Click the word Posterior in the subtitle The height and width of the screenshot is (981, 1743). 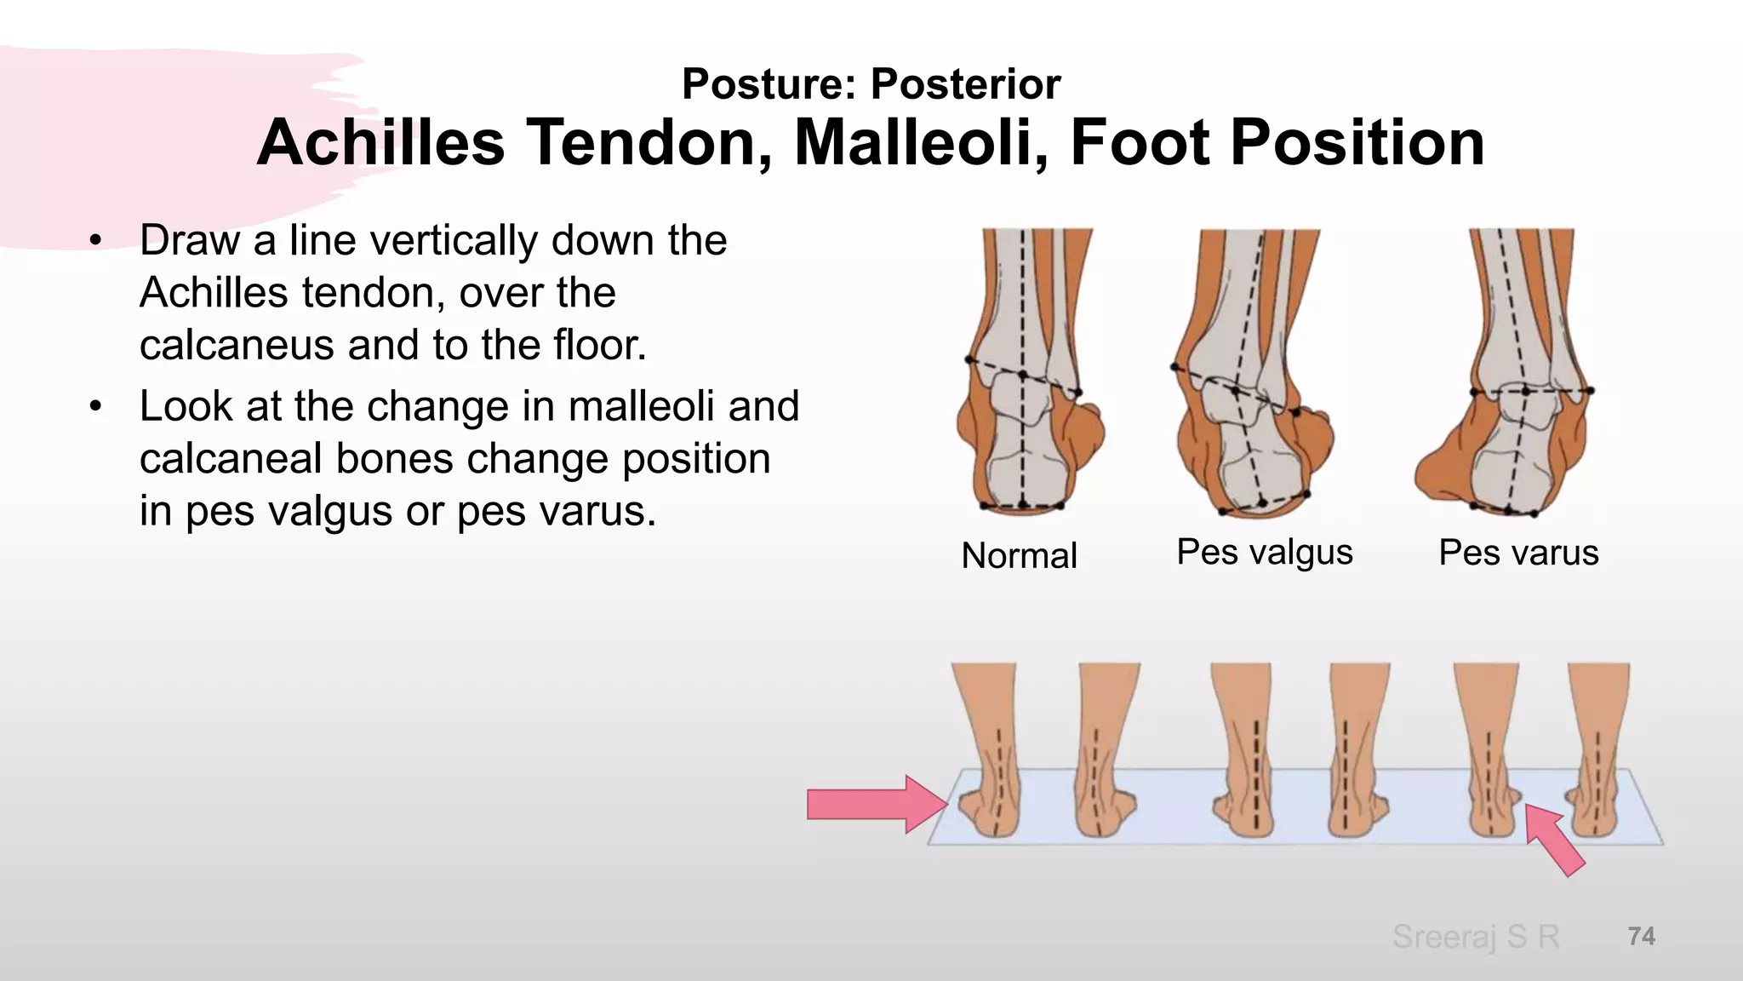(x=965, y=83)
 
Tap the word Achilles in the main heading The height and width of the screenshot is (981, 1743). (x=381, y=142)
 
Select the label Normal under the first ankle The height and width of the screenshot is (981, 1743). (x=1019, y=555)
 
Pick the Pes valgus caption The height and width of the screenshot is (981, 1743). (x=1264, y=552)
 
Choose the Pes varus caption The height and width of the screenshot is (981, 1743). (x=1518, y=552)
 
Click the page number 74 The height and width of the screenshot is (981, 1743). (x=1641, y=936)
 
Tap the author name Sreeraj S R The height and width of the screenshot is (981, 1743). (x=1476, y=937)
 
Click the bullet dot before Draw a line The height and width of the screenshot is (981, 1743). (x=96, y=241)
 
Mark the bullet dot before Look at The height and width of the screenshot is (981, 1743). (x=96, y=407)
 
